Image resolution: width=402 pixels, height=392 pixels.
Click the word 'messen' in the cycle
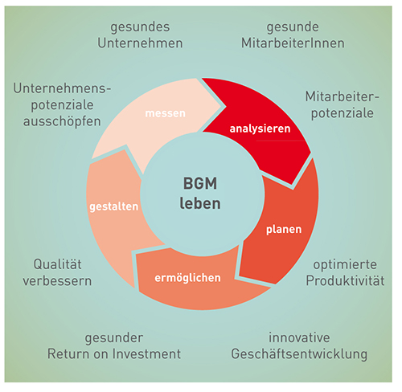(165, 113)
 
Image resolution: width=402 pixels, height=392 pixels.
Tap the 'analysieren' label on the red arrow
(260, 129)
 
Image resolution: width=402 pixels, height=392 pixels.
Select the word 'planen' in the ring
(284, 230)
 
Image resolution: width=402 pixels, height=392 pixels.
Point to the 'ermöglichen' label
(187, 278)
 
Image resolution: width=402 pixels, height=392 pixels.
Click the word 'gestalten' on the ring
(114, 206)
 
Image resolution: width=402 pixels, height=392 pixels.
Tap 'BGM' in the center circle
(200, 184)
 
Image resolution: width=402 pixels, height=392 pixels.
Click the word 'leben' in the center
(200, 203)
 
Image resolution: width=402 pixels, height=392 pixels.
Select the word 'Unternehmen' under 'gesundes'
(140, 43)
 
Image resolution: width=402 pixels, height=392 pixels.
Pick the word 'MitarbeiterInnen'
(293, 43)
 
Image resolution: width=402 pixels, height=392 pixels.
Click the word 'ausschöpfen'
(62, 121)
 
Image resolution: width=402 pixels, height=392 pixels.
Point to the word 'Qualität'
(57, 264)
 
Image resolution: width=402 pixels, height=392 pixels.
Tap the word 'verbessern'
(57, 281)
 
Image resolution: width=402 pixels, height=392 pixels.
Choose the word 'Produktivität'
(345, 281)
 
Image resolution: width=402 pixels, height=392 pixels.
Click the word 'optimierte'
(345, 265)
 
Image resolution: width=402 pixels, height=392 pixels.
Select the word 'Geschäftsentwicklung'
(299, 354)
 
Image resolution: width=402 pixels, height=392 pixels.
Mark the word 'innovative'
(299, 337)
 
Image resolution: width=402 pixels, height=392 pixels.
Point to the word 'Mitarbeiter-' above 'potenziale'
(343, 96)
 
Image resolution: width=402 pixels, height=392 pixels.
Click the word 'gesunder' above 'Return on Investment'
(114, 338)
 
